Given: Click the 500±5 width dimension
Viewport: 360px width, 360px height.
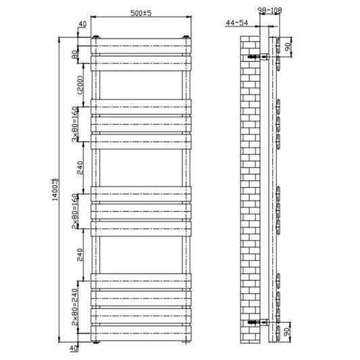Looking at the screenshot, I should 141,13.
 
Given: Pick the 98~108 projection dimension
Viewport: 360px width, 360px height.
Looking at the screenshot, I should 269,9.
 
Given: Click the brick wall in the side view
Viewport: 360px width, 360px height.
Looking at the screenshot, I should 251,189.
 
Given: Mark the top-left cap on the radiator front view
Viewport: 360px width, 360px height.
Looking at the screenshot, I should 99,36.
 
